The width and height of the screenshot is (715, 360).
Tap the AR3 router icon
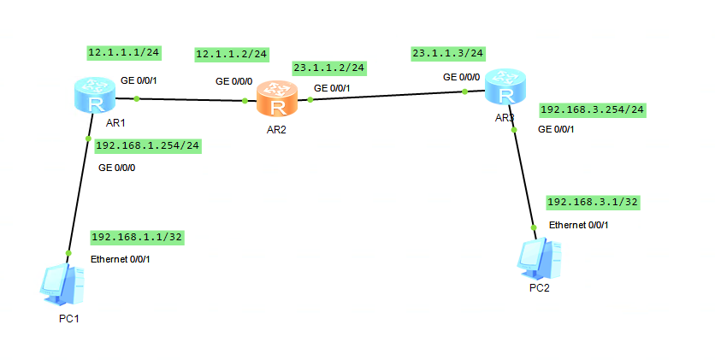point(504,88)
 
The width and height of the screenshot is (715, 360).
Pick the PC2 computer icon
point(541,257)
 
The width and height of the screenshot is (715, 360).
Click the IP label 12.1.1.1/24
point(124,52)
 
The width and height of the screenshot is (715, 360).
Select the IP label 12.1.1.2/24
point(232,55)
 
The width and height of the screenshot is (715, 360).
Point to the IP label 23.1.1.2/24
point(329,68)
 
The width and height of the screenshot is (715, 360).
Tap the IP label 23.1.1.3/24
point(447,53)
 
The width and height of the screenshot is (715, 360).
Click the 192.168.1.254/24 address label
point(148,145)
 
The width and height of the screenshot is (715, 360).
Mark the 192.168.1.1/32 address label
point(139,237)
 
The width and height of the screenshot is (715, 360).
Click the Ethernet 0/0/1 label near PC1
point(121,258)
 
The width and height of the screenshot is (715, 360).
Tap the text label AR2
point(276,128)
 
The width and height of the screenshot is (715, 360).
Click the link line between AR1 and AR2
point(188,99)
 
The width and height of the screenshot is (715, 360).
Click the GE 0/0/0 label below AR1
point(116,168)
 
